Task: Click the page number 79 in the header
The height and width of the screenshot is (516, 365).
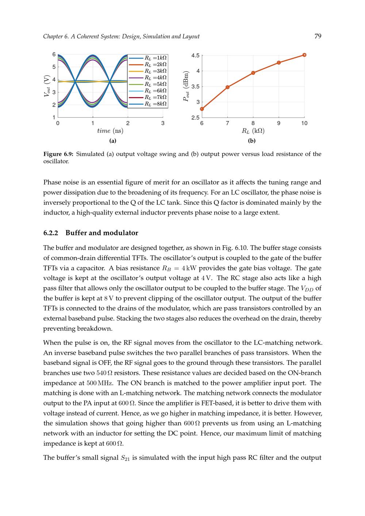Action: pyautogui.click(x=318, y=36)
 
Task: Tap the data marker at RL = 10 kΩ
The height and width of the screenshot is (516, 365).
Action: pyautogui.click(x=304, y=55)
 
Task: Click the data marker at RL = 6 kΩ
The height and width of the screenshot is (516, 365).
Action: pyautogui.click(x=202, y=109)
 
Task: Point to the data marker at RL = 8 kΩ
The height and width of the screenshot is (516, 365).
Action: pyautogui.click(x=253, y=73)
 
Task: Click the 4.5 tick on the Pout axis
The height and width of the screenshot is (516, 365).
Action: pyautogui.click(x=195, y=55)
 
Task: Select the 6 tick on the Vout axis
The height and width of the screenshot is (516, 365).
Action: pyautogui.click(x=54, y=54)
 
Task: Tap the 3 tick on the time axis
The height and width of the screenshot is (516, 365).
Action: pyautogui.click(x=163, y=123)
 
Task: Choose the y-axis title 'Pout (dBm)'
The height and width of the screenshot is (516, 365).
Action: pyautogui.click(x=187, y=86)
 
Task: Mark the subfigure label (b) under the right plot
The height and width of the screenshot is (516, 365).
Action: pyautogui.click(x=251, y=140)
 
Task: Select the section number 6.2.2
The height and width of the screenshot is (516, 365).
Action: pyautogui.click(x=51, y=233)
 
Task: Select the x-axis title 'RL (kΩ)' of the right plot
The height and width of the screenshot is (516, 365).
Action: pyautogui.click(x=253, y=131)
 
